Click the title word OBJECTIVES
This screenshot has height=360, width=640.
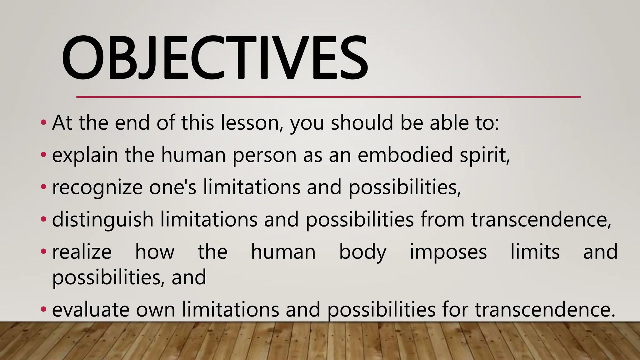click(x=215, y=58)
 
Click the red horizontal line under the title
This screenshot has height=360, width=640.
click(x=328, y=97)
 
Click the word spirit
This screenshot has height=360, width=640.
click(x=484, y=155)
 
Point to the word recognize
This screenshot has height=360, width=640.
click(x=97, y=188)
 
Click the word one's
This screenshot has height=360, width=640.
click(x=172, y=187)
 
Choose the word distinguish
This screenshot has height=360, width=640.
click(x=102, y=220)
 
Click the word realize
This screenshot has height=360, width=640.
click(x=82, y=252)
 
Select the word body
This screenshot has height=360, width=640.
click(x=362, y=252)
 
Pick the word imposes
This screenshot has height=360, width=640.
click(x=448, y=252)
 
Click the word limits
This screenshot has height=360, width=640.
click(x=535, y=252)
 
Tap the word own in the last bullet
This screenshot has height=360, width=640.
click(x=156, y=310)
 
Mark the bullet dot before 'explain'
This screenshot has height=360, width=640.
click(x=43, y=154)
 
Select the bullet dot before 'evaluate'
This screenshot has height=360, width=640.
click(x=43, y=309)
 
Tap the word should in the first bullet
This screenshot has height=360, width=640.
click(x=362, y=122)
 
